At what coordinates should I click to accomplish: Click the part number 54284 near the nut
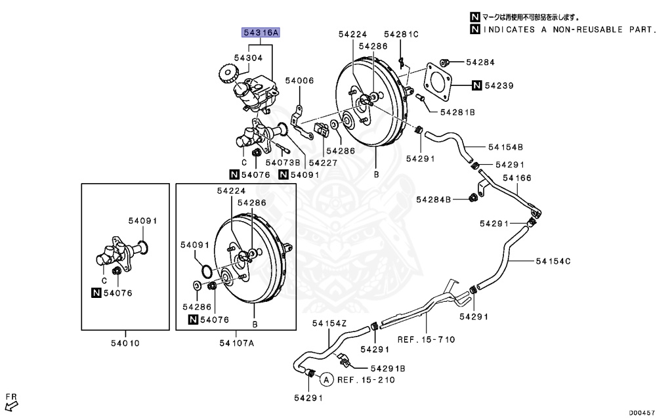point(480,62)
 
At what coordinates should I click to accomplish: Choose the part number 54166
point(517,178)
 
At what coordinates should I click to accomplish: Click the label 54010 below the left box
point(124,343)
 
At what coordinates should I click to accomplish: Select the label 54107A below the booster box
point(236,343)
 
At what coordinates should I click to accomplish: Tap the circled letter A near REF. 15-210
point(325,379)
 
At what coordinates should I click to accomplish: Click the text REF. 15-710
point(426,339)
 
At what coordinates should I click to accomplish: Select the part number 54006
point(299,81)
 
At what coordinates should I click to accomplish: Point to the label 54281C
point(401,33)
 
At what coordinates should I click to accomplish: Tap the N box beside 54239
point(476,85)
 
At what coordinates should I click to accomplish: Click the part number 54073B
point(283,162)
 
